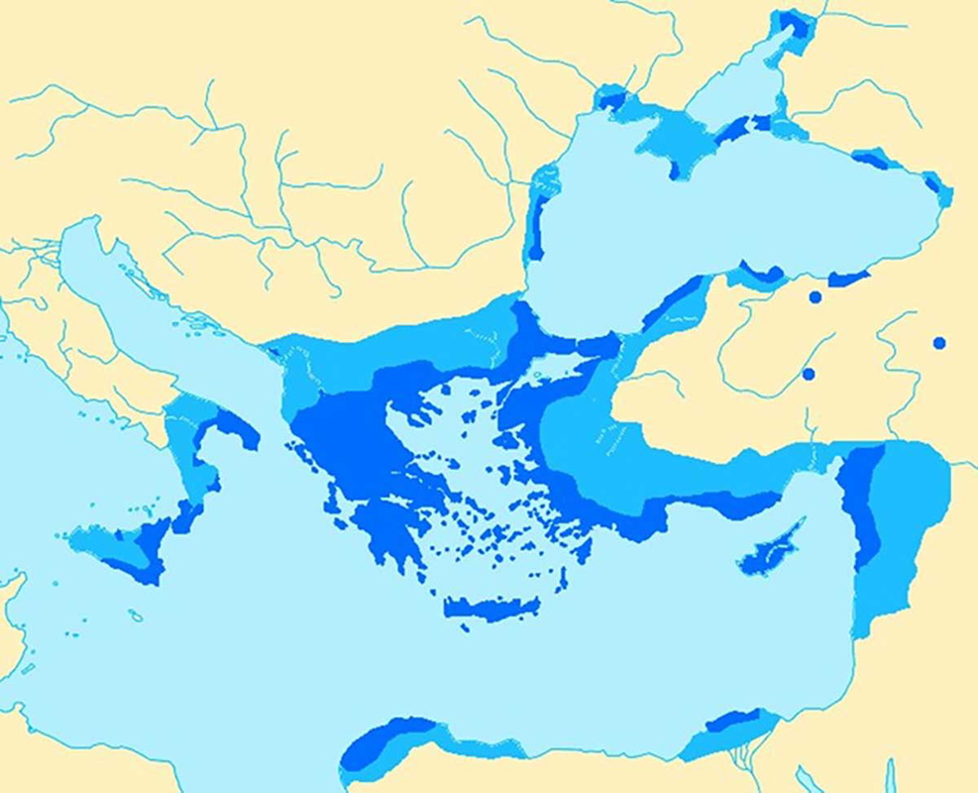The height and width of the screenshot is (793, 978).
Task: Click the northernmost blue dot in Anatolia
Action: point(815,296)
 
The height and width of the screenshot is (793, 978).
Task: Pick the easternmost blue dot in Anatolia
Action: point(939,343)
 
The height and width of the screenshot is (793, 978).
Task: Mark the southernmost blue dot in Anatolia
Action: point(809,374)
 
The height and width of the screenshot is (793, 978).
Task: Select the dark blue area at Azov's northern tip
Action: point(793,22)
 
